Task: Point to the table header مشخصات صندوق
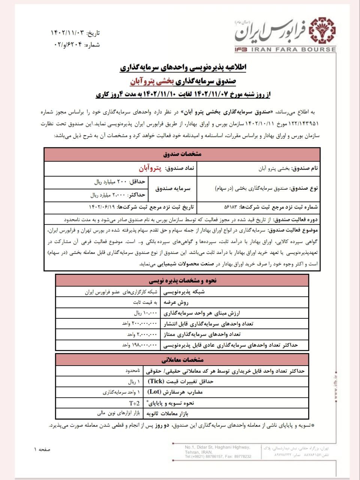(x=182, y=154)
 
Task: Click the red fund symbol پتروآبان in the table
(x=150, y=168)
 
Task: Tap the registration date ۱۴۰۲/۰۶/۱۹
(x=101, y=207)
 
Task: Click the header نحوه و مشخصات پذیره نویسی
(x=182, y=280)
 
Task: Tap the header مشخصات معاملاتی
(x=182, y=360)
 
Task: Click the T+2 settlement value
(x=134, y=403)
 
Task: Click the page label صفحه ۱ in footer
(x=42, y=449)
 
